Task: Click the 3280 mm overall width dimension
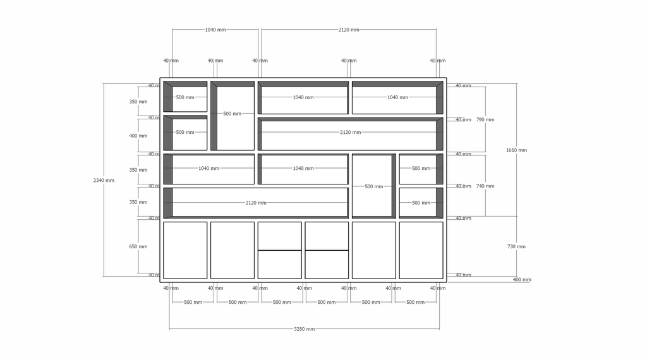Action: pos(304,329)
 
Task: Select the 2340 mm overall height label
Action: pos(104,180)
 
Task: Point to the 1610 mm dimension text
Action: pos(516,150)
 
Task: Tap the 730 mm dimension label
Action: pos(516,246)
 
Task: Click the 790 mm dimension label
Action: pos(485,119)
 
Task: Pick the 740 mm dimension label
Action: pos(485,186)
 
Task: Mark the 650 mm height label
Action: pos(138,246)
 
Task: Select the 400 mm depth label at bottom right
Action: pos(522,280)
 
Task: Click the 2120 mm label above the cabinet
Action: pos(349,30)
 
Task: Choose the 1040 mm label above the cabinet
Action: pos(215,30)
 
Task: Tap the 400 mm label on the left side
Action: pos(138,136)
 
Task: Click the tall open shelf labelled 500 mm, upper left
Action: pos(233,116)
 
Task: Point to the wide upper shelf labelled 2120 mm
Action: pos(350,134)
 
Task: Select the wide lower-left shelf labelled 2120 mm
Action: pos(256,203)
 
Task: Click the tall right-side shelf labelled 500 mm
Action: pos(374,186)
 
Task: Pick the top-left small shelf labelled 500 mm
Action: pos(185,97)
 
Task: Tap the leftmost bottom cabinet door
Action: pos(185,250)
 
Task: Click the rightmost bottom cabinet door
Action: pos(421,250)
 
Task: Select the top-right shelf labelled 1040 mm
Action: pos(397,98)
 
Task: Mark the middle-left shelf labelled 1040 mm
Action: pos(209,169)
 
